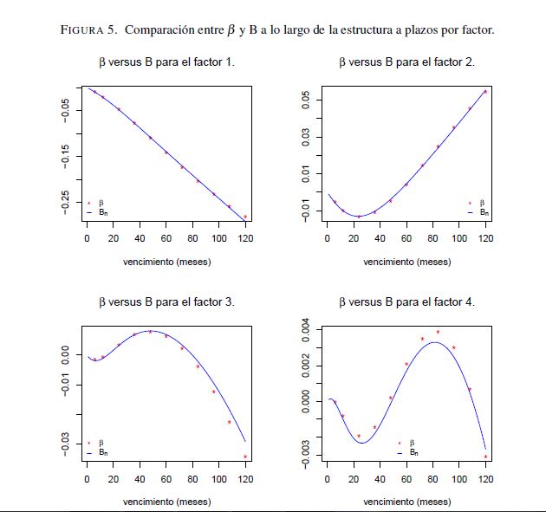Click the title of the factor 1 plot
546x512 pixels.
(x=166, y=62)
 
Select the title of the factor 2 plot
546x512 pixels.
(x=406, y=62)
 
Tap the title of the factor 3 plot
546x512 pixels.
(x=166, y=302)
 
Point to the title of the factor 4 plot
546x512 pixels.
(x=406, y=302)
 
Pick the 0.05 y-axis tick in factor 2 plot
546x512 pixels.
(x=306, y=100)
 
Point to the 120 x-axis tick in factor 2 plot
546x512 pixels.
(x=485, y=237)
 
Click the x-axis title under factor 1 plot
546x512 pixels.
(x=166, y=261)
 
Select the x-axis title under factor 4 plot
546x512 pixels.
(x=406, y=501)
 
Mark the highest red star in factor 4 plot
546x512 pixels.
(x=438, y=332)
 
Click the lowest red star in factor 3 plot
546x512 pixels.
(x=245, y=457)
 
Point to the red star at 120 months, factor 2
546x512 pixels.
(x=485, y=92)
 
